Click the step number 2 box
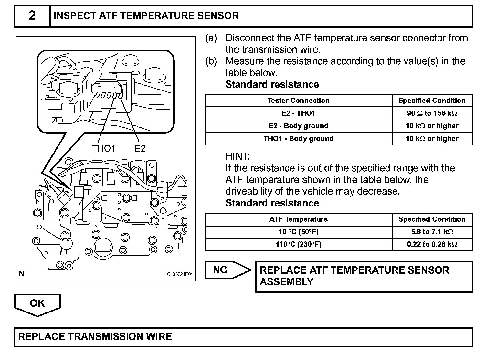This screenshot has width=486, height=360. pyautogui.click(x=32, y=16)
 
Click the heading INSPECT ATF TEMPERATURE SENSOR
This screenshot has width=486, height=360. pyautogui.click(x=146, y=16)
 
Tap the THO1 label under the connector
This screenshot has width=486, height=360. pyautogui.click(x=103, y=148)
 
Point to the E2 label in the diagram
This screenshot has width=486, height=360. pyautogui.click(x=140, y=148)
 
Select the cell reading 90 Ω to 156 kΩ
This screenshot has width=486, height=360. pyautogui.click(x=432, y=113)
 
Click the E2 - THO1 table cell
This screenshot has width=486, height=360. pyautogui.click(x=298, y=113)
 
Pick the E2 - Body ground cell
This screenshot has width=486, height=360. pyautogui.click(x=298, y=126)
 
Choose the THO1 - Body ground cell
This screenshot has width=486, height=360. pyautogui.click(x=298, y=139)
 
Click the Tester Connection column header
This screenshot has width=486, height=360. pyautogui.click(x=298, y=101)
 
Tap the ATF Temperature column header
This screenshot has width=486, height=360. pyautogui.click(x=298, y=219)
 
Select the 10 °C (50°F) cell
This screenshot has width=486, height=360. pyautogui.click(x=298, y=232)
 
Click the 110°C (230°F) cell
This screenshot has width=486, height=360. pyautogui.click(x=298, y=244)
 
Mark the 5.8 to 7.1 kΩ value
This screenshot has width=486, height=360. pyautogui.click(x=432, y=232)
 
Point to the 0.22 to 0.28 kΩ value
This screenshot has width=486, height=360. pyautogui.click(x=432, y=244)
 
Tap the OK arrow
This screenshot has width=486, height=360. pyautogui.click(x=37, y=303)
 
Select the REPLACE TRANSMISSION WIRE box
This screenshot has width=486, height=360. pyautogui.click(x=243, y=337)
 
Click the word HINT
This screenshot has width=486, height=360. pyautogui.click(x=238, y=156)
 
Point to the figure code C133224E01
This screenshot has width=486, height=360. pyautogui.click(x=180, y=274)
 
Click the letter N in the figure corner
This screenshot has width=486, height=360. pyautogui.click(x=22, y=274)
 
